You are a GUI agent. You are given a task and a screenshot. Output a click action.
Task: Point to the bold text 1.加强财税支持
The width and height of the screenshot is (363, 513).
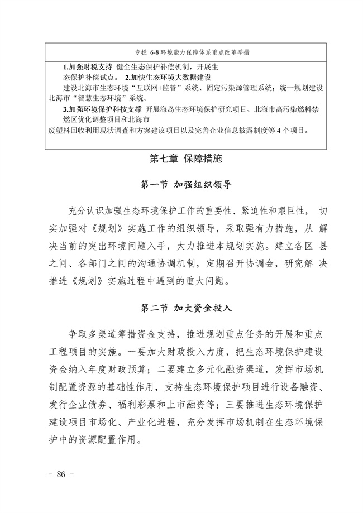click(x=87, y=66)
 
